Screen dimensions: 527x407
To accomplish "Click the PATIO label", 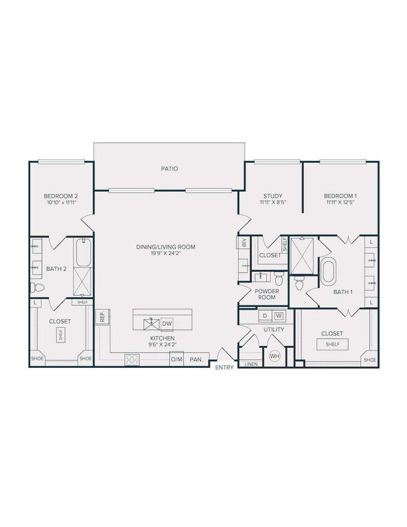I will (x=168, y=169).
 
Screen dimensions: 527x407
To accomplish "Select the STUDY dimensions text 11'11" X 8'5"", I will (x=273, y=203).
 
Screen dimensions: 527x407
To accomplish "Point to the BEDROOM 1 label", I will (x=341, y=196).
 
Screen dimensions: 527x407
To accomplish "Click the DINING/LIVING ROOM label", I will (x=166, y=247).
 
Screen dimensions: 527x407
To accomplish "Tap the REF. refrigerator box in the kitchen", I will (x=101, y=317).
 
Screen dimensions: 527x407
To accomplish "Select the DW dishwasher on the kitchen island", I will (x=166, y=323).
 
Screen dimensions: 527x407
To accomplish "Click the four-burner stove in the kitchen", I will (x=132, y=359).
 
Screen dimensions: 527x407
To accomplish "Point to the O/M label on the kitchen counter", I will (x=176, y=359).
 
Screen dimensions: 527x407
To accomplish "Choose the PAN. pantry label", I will (x=197, y=359).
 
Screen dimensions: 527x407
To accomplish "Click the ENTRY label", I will (x=224, y=368).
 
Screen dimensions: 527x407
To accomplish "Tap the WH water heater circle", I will (x=274, y=356).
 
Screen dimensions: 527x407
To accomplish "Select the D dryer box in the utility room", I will (x=265, y=315).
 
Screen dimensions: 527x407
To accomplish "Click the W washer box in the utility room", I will (x=279, y=315).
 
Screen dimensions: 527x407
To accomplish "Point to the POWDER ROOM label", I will (x=266, y=295).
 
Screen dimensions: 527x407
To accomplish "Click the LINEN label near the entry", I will (x=251, y=363).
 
